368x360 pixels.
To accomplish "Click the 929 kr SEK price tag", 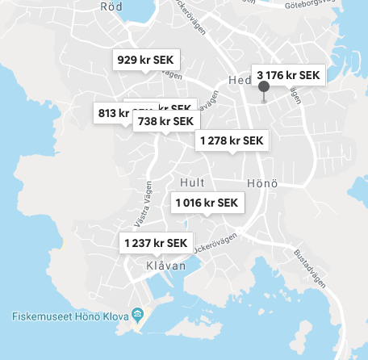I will click(x=146, y=60).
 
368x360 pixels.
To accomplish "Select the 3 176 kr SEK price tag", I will click(x=289, y=76).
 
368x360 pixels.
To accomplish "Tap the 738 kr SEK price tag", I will click(x=165, y=121).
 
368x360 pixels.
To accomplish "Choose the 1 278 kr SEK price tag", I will click(x=231, y=140).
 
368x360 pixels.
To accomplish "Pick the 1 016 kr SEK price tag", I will click(x=207, y=202).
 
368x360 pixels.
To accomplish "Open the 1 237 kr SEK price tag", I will click(x=155, y=243).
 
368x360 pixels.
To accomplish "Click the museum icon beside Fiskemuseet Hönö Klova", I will click(x=138, y=314).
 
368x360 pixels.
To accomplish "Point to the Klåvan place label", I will click(x=165, y=266).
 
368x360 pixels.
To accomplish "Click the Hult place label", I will click(x=194, y=182).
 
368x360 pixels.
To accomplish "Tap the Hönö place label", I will click(x=262, y=182).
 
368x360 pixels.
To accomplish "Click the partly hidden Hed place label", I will click(x=239, y=80).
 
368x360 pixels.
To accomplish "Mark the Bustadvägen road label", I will click(x=309, y=261).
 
